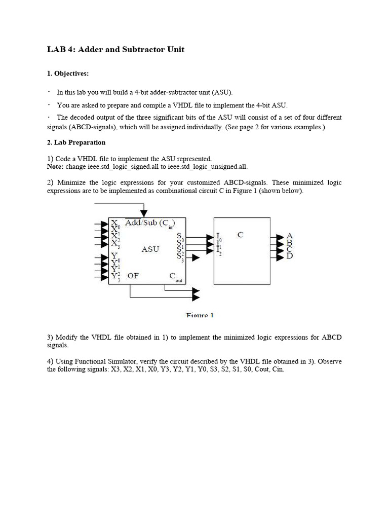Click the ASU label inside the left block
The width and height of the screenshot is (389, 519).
pyautogui.click(x=150, y=249)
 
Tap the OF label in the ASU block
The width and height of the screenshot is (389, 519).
pyautogui.click(x=133, y=276)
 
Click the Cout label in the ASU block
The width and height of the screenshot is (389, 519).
pyautogui.click(x=173, y=277)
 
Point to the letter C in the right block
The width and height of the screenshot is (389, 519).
pyautogui.click(x=240, y=235)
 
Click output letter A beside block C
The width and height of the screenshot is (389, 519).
pyautogui.click(x=290, y=236)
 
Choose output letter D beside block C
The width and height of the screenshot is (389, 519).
pyautogui.click(x=290, y=256)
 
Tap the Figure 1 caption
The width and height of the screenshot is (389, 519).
pyautogui.click(x=200, y=315)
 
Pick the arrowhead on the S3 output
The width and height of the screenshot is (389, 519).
pyautogui.click(x=196, y=257)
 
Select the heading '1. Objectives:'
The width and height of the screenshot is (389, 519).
pyautogui.click(x=68, y=73)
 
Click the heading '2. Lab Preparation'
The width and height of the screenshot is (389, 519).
pyautogui.click(x=76, y=142)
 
